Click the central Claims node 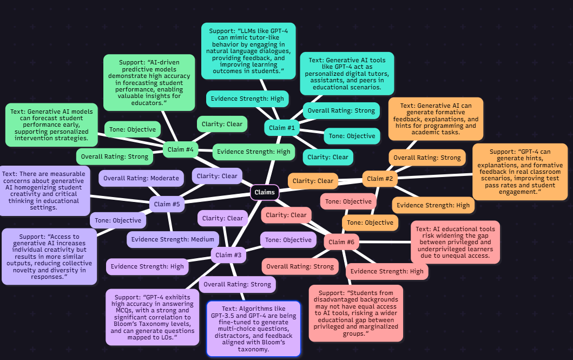click(265, 192)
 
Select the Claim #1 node click(282, 128)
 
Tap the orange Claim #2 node click(379, 179)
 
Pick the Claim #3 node click(228, 255)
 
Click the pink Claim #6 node click(341, 242)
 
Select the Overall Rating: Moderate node click(141, 178)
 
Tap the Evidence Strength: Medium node click(173, 239)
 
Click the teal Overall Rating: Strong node click(341, 110)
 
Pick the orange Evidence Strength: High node click(433, 205)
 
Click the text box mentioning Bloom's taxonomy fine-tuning click(253, 329)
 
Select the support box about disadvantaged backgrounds click(355, 313)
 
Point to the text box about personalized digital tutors click(347, 74)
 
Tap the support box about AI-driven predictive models click(149, 82)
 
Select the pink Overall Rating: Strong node click(300, 266)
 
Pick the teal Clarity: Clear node click(328, 157)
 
